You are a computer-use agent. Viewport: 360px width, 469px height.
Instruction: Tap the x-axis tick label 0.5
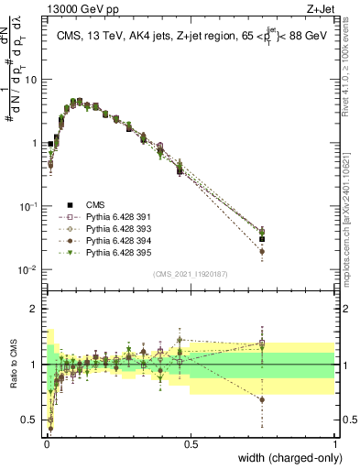point(191,444)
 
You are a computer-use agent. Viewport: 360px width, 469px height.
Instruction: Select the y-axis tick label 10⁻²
point(27,270)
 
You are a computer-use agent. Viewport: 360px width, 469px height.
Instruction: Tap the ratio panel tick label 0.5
point(29,420)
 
